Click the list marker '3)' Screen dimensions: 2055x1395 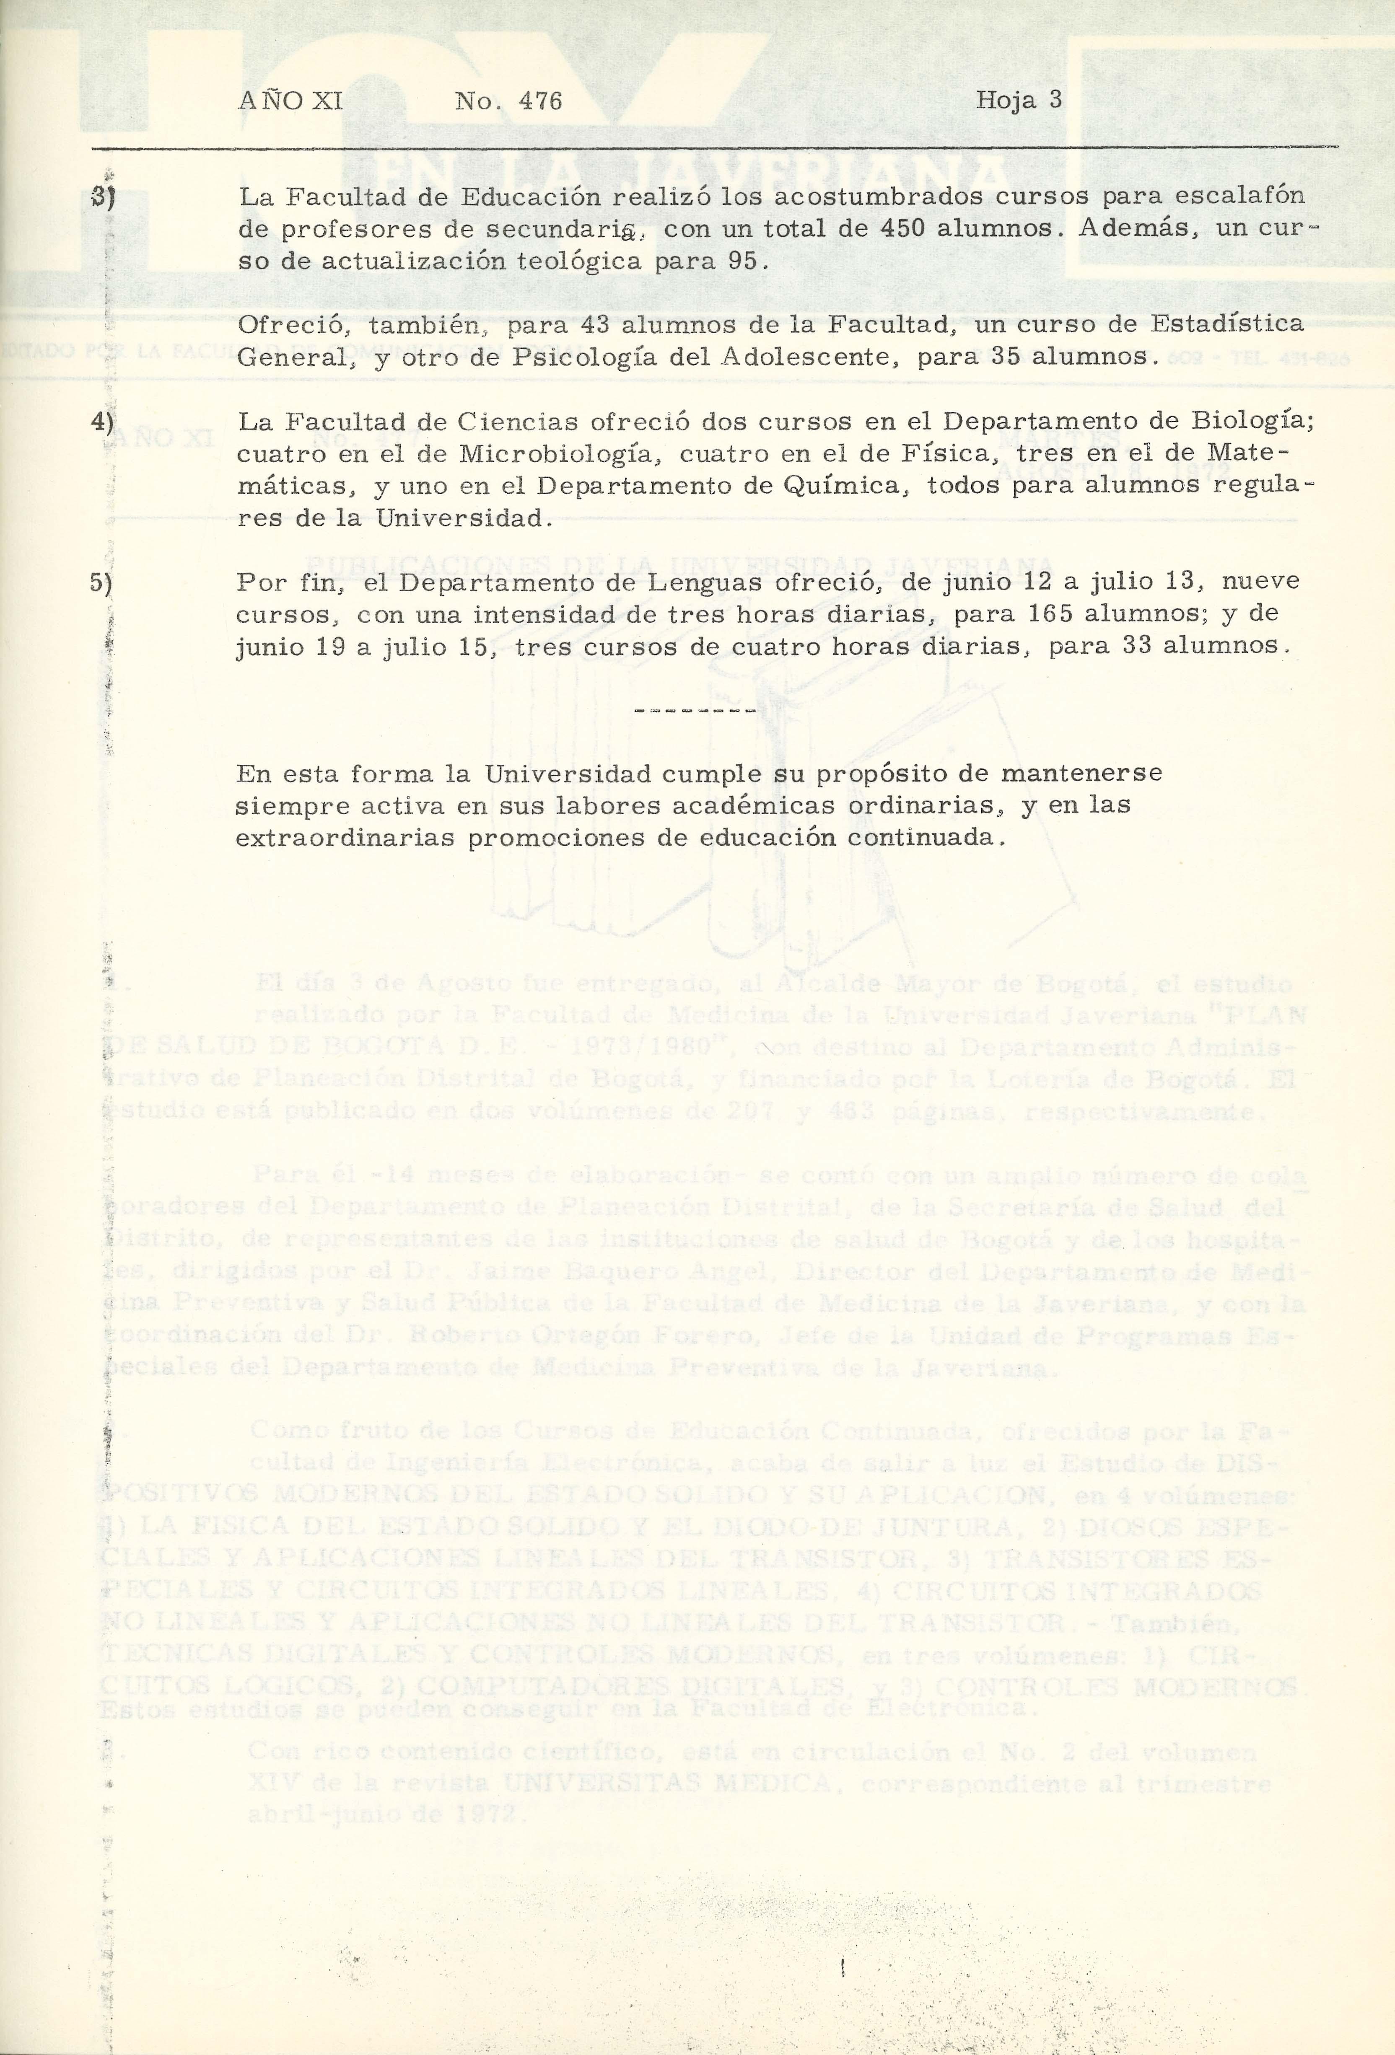coord(106,197)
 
